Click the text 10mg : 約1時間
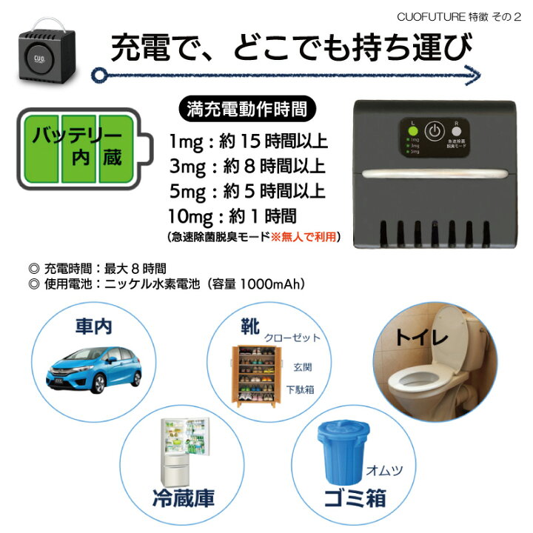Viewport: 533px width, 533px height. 232,216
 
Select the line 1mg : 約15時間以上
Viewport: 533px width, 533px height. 248,141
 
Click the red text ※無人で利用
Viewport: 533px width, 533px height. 307,237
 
